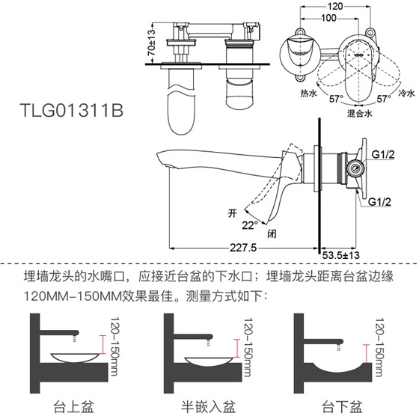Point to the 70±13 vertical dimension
pos(152,43)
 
